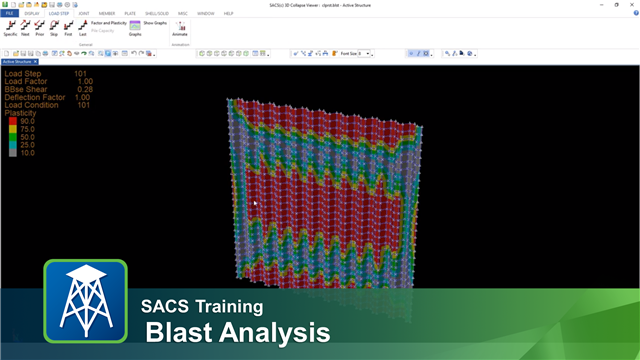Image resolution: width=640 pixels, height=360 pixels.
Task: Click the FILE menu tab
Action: [x=9, y=13]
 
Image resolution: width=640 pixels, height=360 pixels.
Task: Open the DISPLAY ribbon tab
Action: [x=32, y=13]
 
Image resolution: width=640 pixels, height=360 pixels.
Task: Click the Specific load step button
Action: [x=10, y=27]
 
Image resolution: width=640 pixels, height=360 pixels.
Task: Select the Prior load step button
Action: [x=39, y=27]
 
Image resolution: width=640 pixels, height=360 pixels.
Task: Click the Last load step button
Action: [x=81, y=27]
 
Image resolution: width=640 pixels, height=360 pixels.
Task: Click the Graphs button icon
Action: [x=135, y=28]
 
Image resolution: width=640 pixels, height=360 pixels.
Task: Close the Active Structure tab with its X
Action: [x=36, y=62]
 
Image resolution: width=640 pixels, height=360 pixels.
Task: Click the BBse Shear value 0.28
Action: [x=84, y=89]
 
